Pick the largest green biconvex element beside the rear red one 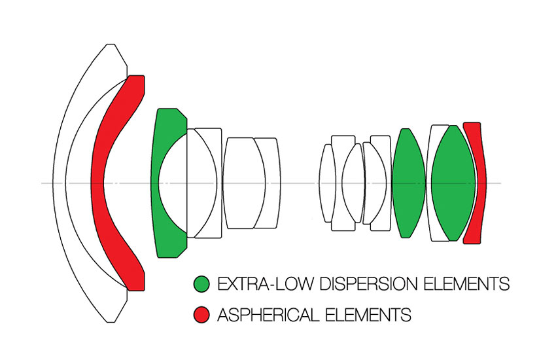(453, 183)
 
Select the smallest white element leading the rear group (327, 183)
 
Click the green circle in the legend (201, 283)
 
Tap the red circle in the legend (201, 315)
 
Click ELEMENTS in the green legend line (466, 284)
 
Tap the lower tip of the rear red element (472, 240)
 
